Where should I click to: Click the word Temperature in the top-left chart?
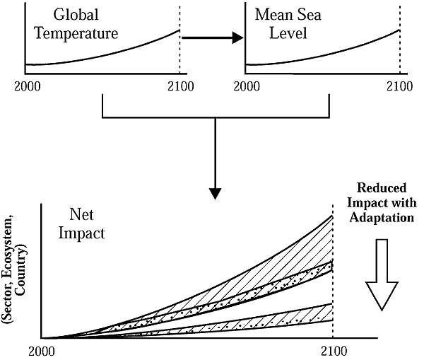[83, 33]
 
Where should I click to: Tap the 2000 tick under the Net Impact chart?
[44, 349]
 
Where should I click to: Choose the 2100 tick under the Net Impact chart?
[333, 349]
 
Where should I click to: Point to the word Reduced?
[382, 188]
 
